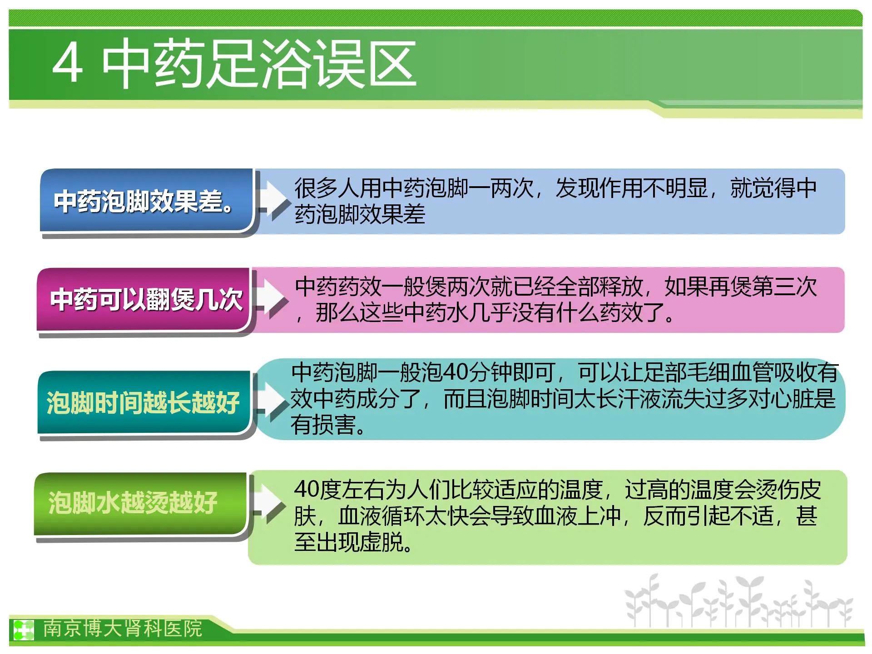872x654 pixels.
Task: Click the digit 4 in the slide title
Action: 68,63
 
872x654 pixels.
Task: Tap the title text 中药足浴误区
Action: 259,63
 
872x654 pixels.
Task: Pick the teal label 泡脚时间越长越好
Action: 144,402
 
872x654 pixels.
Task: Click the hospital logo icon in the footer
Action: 23,629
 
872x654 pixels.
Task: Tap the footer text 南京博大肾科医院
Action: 122,629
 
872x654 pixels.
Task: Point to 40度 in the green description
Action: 318,490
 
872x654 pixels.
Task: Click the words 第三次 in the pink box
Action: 784,287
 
